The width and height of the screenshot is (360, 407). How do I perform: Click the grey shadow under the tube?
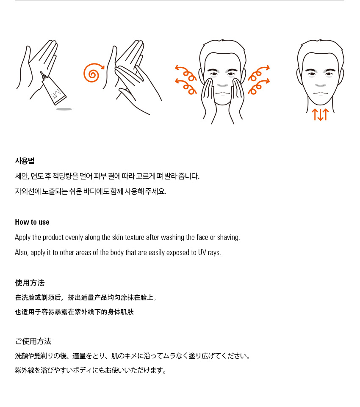[x=64, y=109]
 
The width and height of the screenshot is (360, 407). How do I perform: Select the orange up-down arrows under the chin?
[x=320, y=115]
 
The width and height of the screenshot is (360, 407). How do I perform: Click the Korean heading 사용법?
[x=25, y=161]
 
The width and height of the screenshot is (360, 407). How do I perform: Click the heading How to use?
[x=32, y=222]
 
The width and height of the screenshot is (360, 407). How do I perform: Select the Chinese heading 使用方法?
[x=30, y=283]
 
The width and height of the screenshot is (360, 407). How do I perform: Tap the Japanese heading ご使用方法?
[x=33, y=341]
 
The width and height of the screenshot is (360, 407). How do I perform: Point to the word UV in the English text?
[x=202, y=253]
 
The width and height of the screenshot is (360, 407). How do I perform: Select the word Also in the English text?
[x=22, y=253]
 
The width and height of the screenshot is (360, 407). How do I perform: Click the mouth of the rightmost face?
[x=321, y=93]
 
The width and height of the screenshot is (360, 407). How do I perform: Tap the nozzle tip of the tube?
[x=41, y=73]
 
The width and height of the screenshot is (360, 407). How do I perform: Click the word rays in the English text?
[x=214, y=253]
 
